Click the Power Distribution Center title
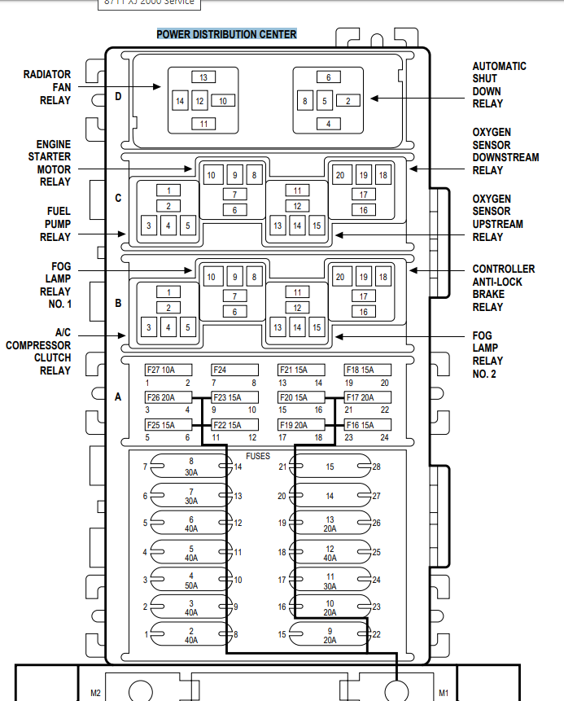point(226,34)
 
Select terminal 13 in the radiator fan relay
point(203,77)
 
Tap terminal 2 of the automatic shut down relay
point(348,101)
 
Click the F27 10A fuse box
point(168,370)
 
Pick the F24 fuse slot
point(234,370)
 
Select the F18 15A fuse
point(367,370)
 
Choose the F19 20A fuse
point(300,425)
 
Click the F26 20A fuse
point(168,397)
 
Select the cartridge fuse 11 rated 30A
point(330,581)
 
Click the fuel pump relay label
point(55,224)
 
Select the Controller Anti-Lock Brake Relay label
point(503,287)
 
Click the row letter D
point(119,97)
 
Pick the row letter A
point(119,397)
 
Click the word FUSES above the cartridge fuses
point(258,457)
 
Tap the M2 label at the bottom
point(95,693)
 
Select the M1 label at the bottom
point(444,693)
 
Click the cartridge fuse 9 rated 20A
point(330,635)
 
